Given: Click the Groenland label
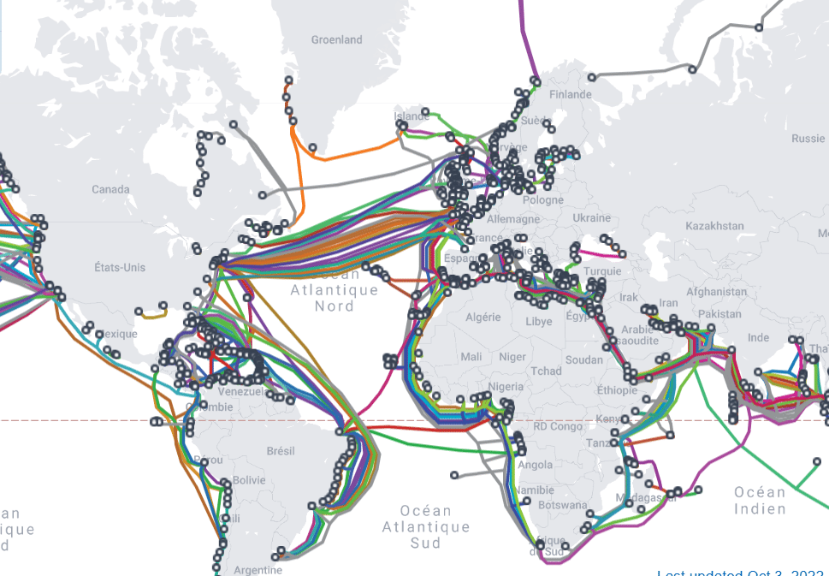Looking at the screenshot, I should tap(336, 39).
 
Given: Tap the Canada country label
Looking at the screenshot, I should tap(110, 189).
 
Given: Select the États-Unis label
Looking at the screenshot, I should tap(120, 268).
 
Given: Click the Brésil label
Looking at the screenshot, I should tap(281, 451).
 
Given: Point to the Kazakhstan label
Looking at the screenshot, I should tap(714, 226).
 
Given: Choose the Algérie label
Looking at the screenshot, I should tap(483, 317).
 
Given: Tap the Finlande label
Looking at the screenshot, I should tap(571, 94).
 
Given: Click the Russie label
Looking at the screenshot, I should tap(808, 139).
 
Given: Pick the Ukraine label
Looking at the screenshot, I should tap(592, 218).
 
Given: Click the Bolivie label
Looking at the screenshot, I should tap(249, 480).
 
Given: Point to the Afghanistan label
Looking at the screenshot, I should tap(708, 292).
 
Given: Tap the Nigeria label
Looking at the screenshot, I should tap(505, 386).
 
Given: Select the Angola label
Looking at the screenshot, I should tap(536, 466).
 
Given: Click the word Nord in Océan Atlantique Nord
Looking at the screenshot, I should tap(335, 306).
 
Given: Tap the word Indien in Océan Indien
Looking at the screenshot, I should tap(760, 509).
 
